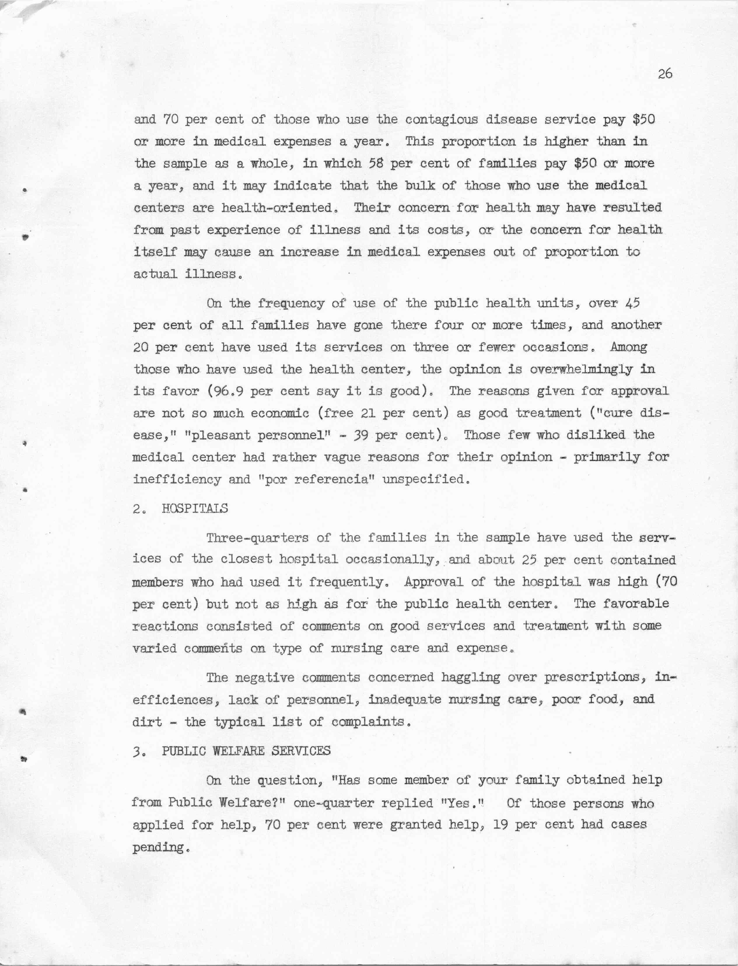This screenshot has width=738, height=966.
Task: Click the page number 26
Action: pyautogui.click(x=665, y=74)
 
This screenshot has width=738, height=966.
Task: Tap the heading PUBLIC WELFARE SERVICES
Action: pyautogui.click(x=246, y=751)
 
